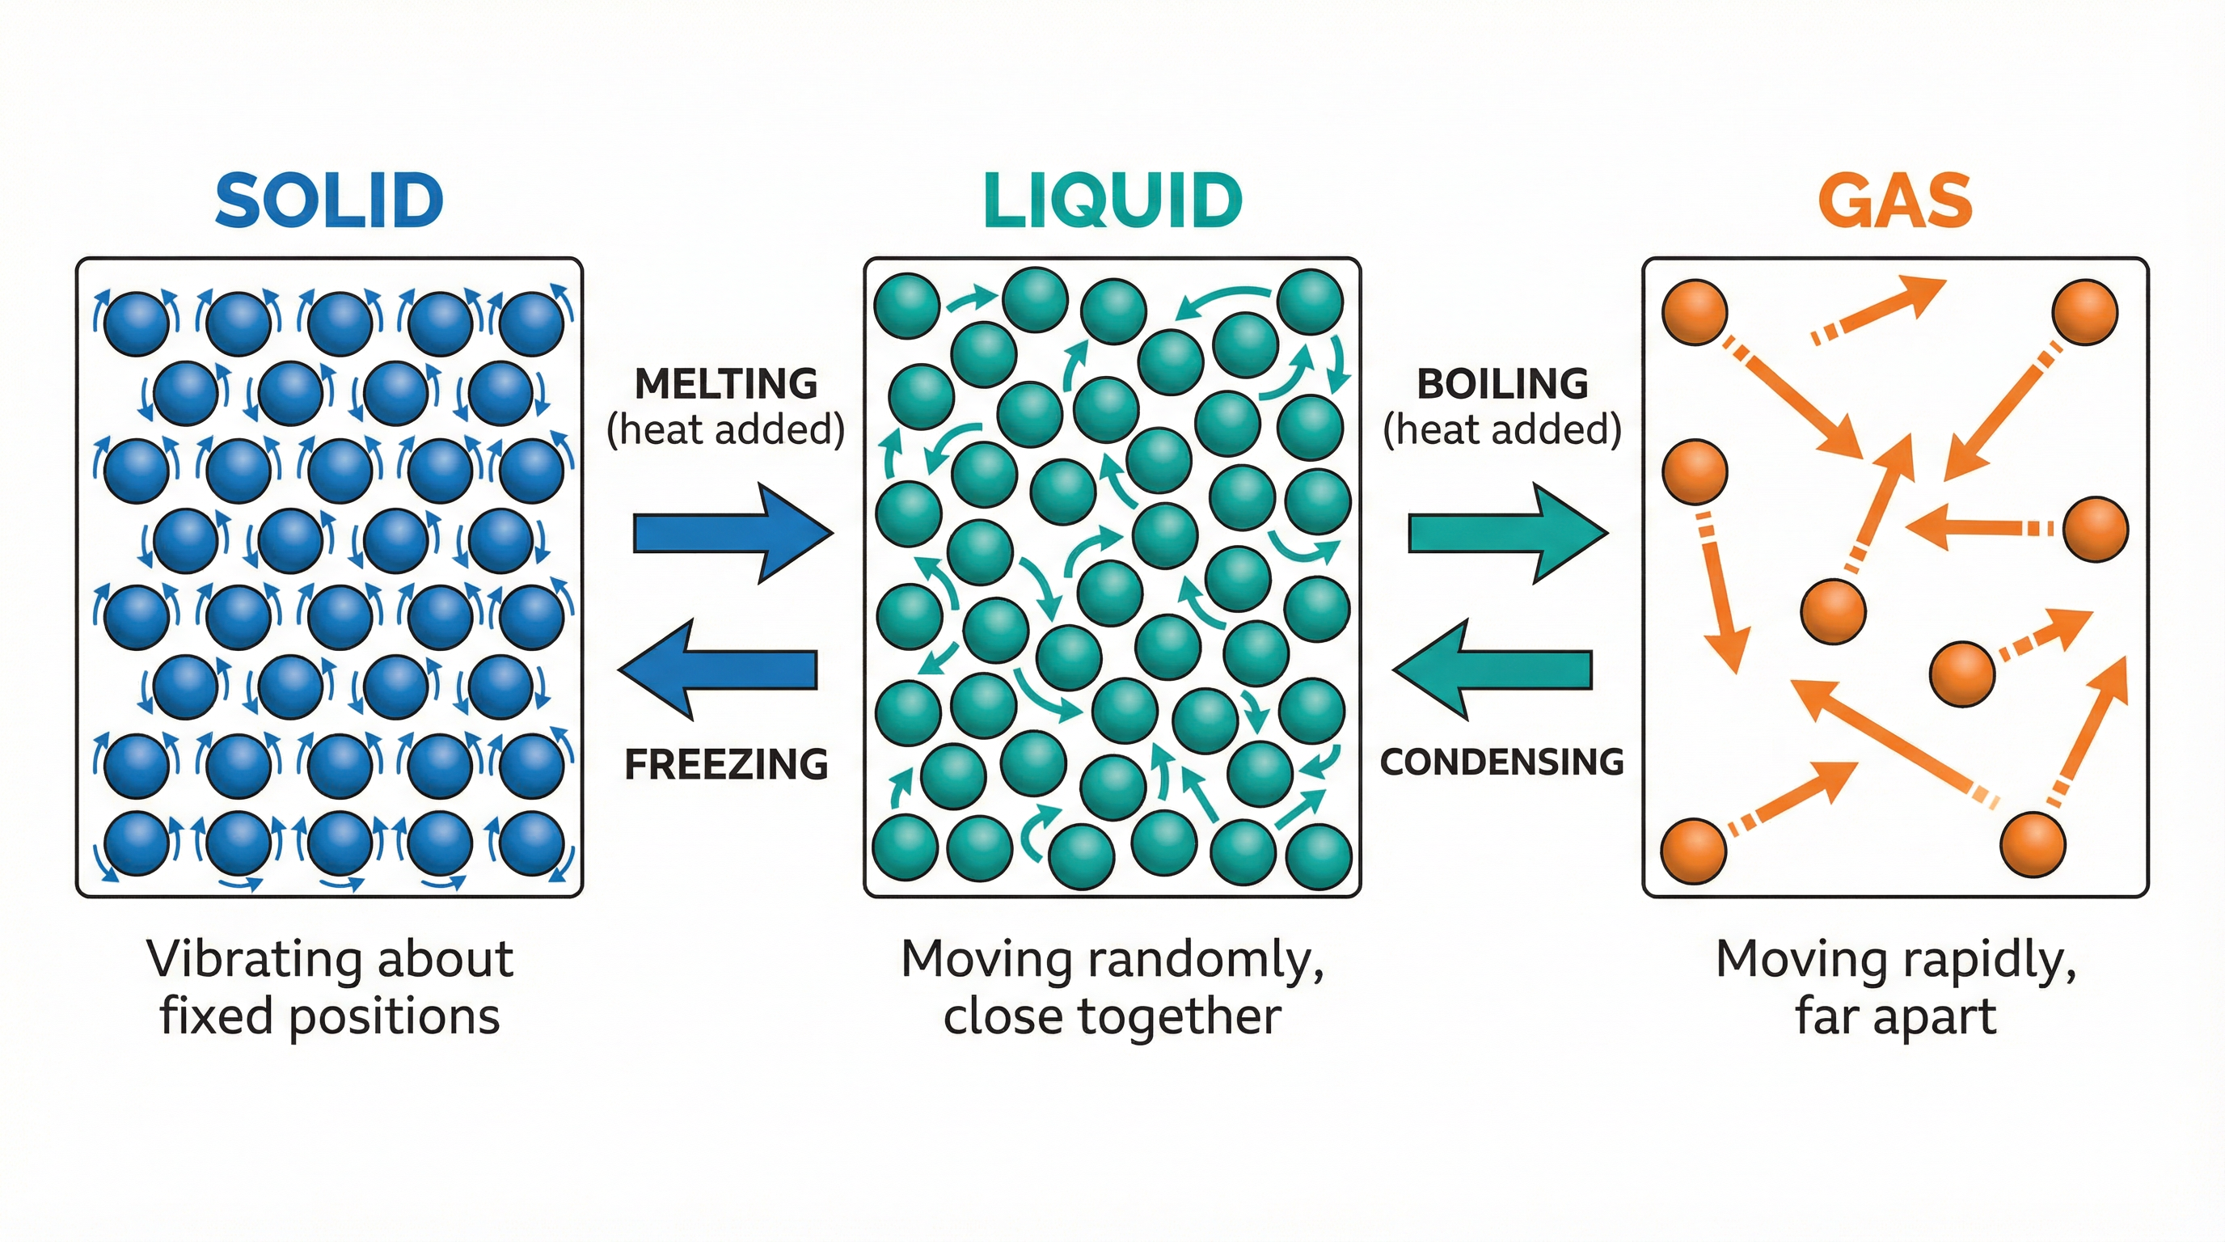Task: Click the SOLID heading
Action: click(x=329, y=201)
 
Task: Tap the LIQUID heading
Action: click(x=1112, y=201)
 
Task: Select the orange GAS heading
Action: click(x=1895, y=201)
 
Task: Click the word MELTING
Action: click(x=725, y=384)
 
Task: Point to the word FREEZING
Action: click(x=725, y=764)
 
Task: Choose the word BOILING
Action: click(x=1502, y=384)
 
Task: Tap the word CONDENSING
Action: click(x=1502, y=762)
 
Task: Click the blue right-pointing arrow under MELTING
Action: click(x=733, y=533)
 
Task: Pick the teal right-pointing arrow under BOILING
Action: click(x=1507, y=533)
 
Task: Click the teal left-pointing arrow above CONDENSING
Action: click(x=1493, y=670)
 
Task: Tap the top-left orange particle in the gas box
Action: click(x=1695, y=312)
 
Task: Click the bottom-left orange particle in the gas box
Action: click(x=1694, y=851)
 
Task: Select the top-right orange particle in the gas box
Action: click(x=2085, y=312)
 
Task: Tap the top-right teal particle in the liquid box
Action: click(x=1311, y=302)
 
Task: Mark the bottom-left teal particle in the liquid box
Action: click(x=906, y=847)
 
